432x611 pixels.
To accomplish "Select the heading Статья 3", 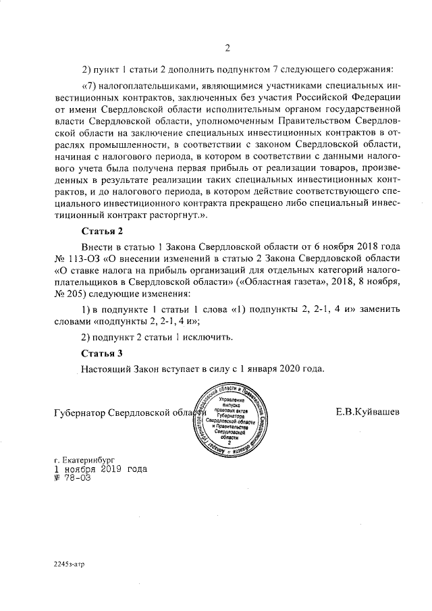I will [102, 353].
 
